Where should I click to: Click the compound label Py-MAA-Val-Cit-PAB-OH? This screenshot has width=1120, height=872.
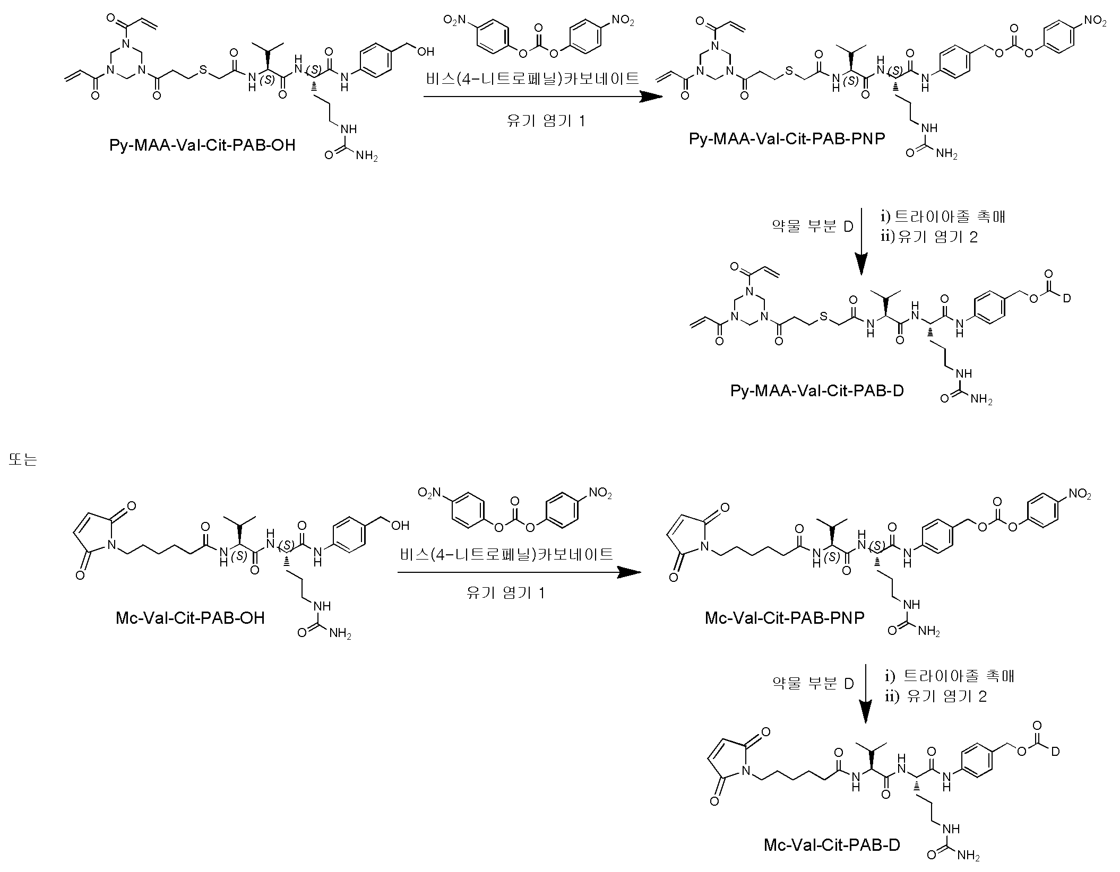click(202, 145)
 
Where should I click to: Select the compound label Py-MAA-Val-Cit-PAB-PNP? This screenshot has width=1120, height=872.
click(787, 138)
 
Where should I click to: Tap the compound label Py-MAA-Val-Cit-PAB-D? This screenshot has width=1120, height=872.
click(817, 391)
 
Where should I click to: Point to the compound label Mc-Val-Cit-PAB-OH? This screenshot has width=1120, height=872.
click(190, 618)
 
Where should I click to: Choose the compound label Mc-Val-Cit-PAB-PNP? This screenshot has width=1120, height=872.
click(785, 618)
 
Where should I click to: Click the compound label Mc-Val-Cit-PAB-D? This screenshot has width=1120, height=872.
click(832, 860)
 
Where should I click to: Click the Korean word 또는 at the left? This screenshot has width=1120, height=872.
click(23, 459)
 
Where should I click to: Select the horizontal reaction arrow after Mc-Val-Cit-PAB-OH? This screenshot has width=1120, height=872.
click(519, 572)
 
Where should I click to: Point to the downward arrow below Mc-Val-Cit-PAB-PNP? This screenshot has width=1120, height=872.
click(866, 693)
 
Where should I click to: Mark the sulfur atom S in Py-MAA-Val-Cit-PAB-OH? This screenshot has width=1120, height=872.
click(202, 71)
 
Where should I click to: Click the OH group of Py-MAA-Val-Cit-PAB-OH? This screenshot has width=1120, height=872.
click(426, 51)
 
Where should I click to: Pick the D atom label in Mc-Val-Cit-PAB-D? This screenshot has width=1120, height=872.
click(1055, 751)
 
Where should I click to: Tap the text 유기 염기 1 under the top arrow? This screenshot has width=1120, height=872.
click(546, 121)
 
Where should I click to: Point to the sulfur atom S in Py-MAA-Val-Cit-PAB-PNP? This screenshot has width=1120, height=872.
click(789, 71)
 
